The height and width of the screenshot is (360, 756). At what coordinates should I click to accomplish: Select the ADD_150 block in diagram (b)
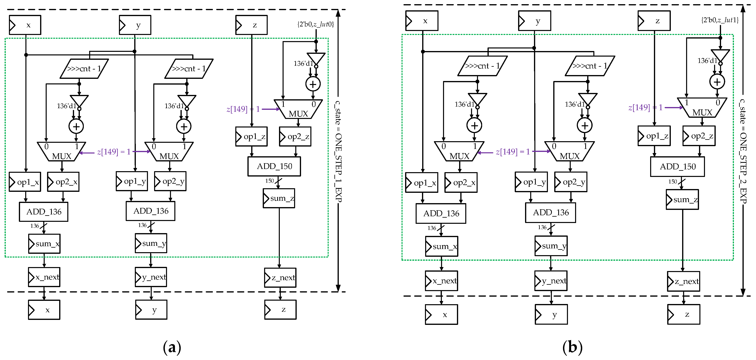[x=677, y=167]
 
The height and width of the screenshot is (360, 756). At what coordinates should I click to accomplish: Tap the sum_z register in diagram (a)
[x=279, y=198]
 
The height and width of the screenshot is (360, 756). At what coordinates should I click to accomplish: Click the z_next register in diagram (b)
[x=684, y=281]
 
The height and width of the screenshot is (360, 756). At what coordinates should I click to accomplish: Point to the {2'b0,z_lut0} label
[x=316, y=24]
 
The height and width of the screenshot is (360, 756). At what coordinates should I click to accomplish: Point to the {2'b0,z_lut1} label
[x=720, y=20]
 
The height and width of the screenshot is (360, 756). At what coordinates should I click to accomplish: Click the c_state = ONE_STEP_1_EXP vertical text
[x=338, y=151]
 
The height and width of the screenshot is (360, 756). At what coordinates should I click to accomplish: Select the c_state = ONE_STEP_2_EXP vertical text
[x=743, y=151]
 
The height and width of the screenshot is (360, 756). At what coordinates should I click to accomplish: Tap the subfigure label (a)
[x=172, y=347]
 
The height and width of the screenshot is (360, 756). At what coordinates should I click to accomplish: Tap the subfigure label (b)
[x=572, y=347]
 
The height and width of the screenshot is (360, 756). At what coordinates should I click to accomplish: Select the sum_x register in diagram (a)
[x=44, y=243]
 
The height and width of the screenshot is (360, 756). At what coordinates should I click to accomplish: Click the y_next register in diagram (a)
[x=151, y=277]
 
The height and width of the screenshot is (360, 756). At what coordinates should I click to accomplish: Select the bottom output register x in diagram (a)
[x=44, y=310]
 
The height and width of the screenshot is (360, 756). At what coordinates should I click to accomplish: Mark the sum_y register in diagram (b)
[x=551, y=246]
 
